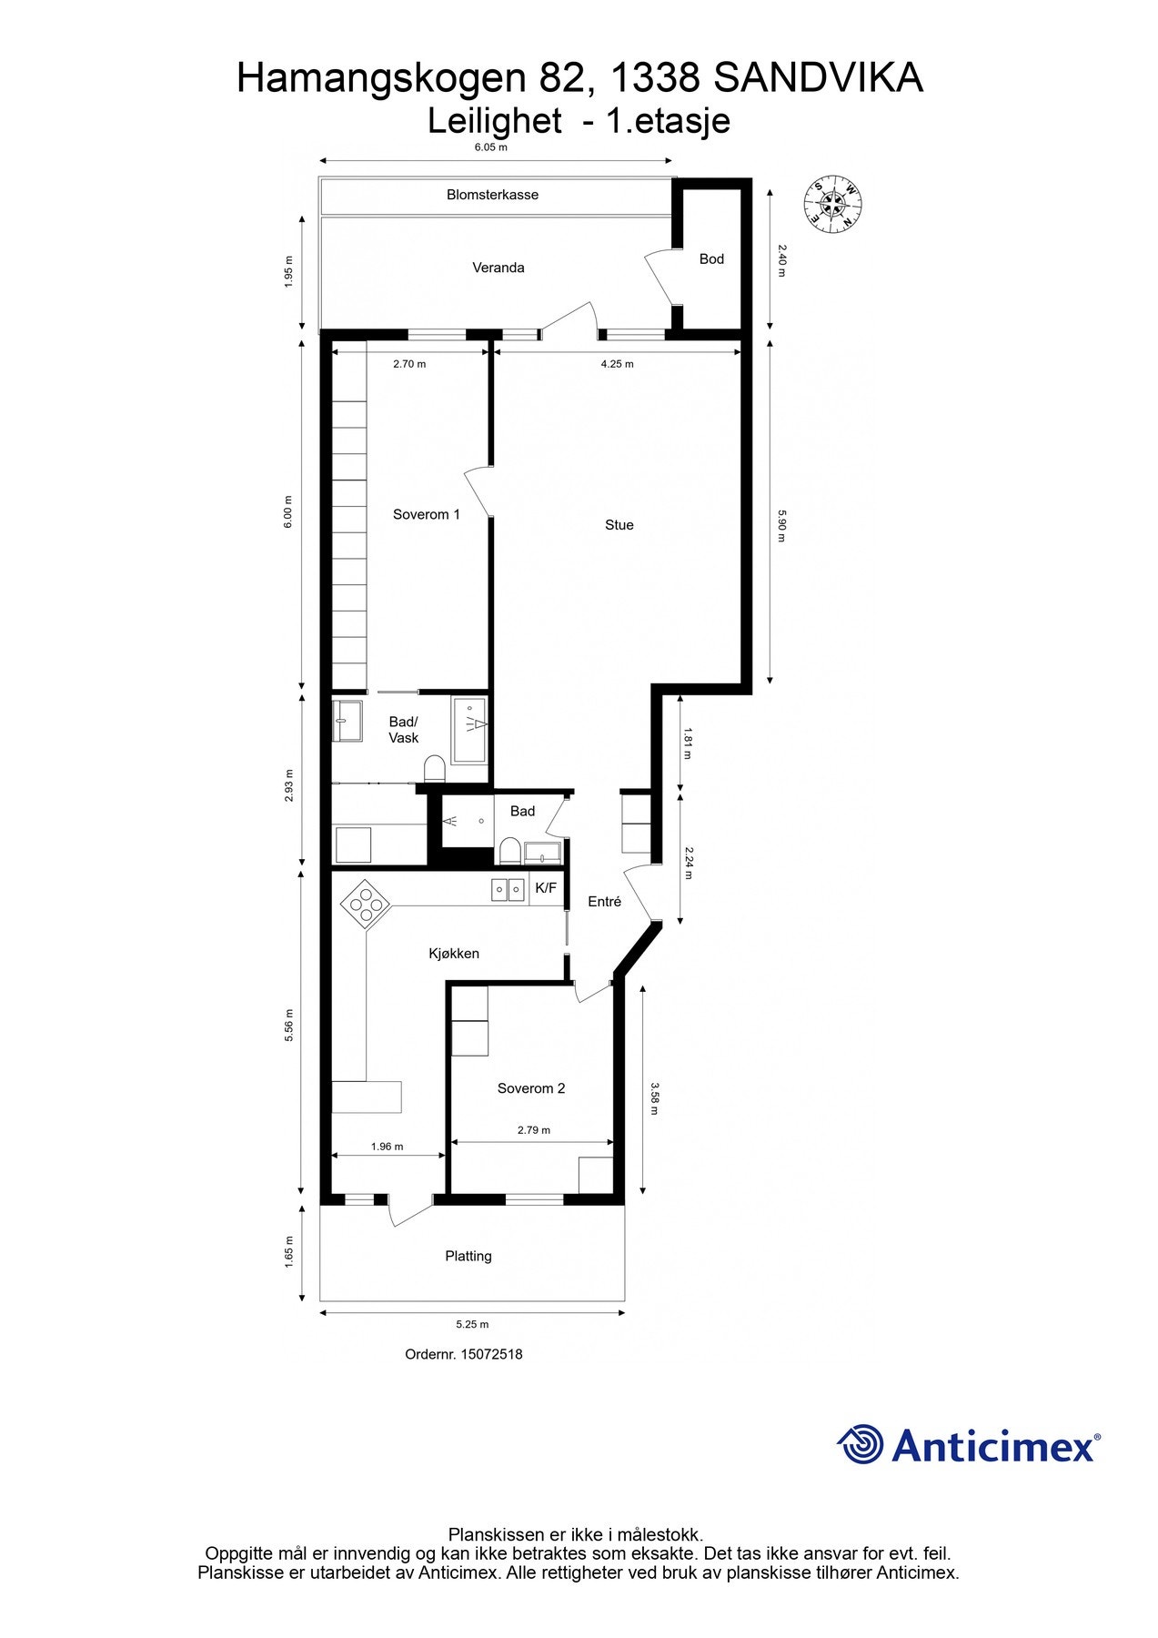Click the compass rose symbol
tap(832, 203)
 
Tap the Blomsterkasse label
tap(492, 195)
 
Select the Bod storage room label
tap(711, 259)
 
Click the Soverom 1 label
tap(427, 515)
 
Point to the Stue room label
tap(619, 525)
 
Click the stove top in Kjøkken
tap(366, 904)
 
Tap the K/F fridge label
tap(546, 888)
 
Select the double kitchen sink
tap(508, 889)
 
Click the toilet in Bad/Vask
tap(434, 770)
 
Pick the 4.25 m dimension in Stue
tap(617, 364)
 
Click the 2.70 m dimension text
tap(409, 364)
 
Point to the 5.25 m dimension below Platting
tap(472, 1325)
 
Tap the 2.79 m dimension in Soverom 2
tap(534, 1130)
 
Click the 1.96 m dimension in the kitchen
tap(388, 1147)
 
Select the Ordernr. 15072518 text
tap(464, 1354)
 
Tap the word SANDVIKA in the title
tap(818, 78)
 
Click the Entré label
tap(605, 902)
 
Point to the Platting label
tap(468, 1257)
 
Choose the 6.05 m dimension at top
tap(491, 147)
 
